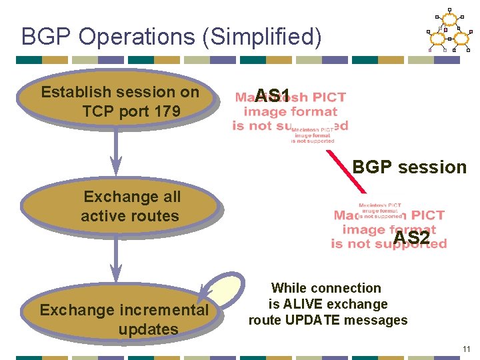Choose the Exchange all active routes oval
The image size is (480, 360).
(x=120, y=206)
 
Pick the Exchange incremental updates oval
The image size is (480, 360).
(x=123, y=319)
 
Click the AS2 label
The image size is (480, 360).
(x=411, y=238)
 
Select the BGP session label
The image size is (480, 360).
(x=409, y=167)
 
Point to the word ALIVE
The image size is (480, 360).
(x=306, y=304)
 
